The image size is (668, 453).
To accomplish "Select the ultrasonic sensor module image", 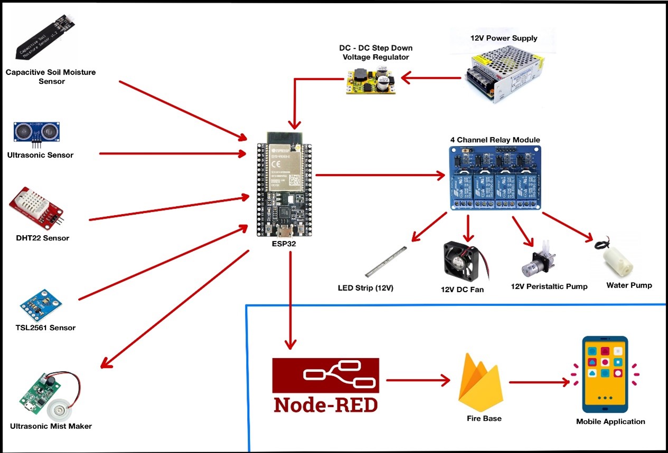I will click(37, 132).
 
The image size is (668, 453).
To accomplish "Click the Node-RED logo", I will click(325, 385).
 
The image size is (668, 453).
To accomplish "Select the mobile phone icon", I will click(605, 374).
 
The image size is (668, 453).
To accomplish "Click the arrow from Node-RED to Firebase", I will click(418, 380).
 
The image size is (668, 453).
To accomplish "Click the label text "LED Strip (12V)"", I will click(365, 288).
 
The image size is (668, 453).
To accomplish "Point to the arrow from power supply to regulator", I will click(431, 79).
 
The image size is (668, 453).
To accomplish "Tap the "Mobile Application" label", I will click(610, 421).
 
